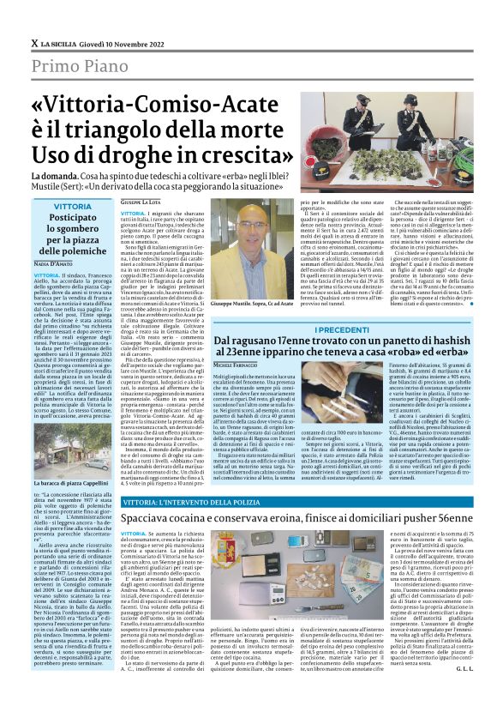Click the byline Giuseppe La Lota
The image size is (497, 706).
coord(141,202)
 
